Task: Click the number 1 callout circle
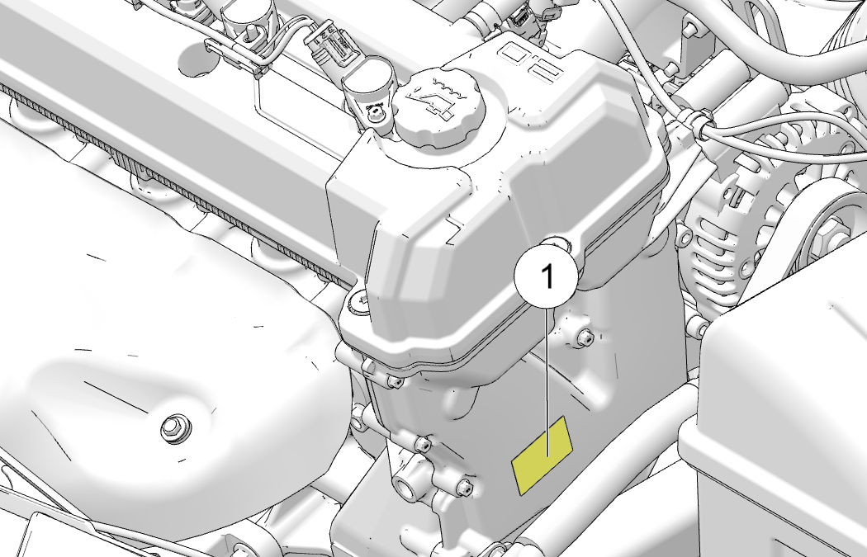(x=547, y=276)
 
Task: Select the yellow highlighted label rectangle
(x=542, y=456)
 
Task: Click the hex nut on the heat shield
(x=176, y=427)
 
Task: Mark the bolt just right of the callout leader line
(x=585, y=337)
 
